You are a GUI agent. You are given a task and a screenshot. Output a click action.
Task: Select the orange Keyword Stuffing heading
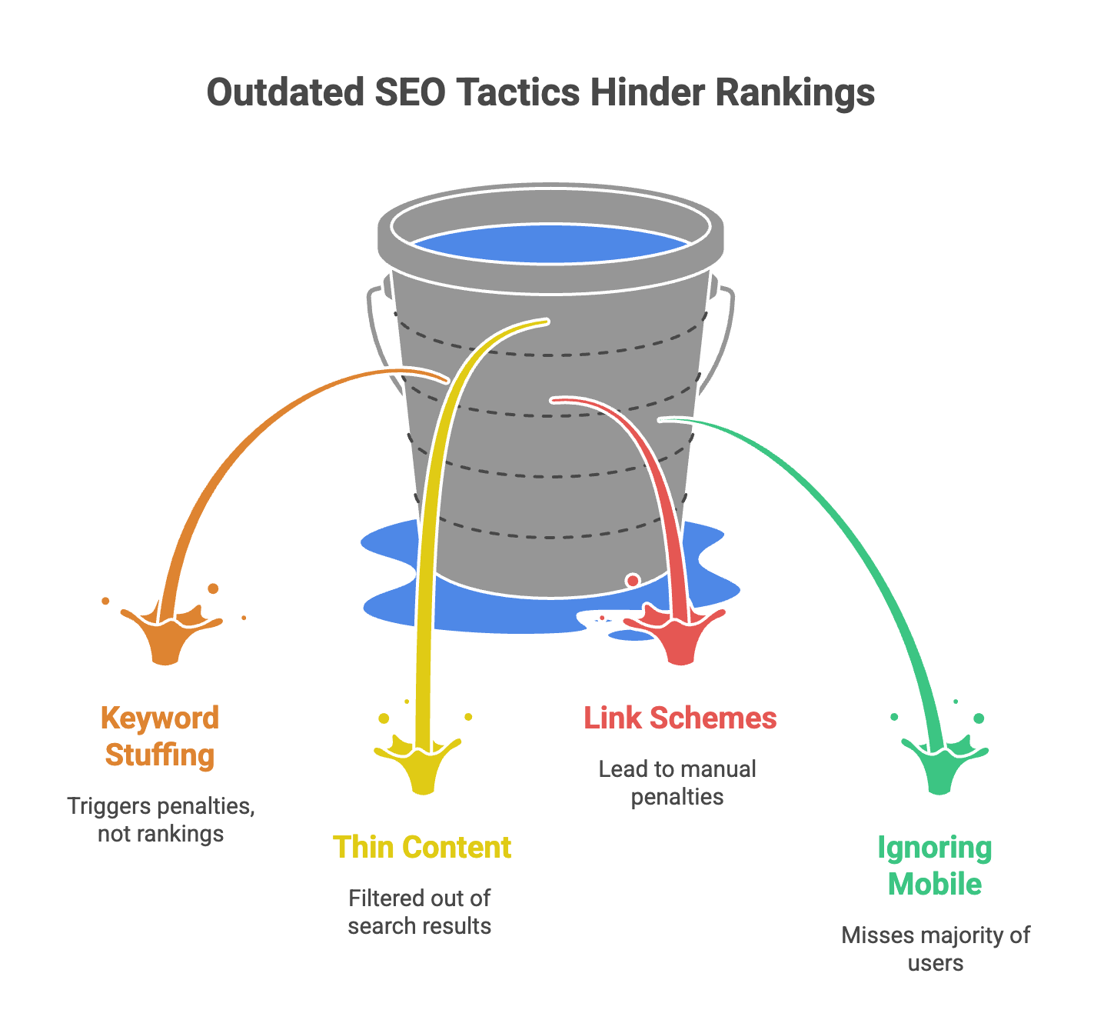pos(160,736)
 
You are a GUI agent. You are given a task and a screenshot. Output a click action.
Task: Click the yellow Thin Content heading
pos(422,847)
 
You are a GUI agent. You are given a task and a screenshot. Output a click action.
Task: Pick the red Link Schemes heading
pos(680,718)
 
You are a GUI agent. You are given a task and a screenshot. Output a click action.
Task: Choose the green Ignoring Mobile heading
pos(935,865)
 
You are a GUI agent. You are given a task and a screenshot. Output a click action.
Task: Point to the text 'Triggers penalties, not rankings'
pos(161,820)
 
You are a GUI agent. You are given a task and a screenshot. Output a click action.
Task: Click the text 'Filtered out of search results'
pos(420,912)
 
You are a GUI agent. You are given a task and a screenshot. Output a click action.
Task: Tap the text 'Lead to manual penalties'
pos(677,782)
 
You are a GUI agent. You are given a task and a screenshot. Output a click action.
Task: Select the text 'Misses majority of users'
pos(936,948)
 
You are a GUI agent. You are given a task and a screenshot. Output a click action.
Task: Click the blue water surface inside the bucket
pos(550,243)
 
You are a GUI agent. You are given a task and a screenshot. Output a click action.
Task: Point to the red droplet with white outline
pos(633,580)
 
